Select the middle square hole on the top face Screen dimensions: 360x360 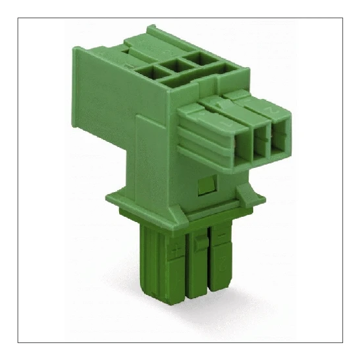pos(173,64)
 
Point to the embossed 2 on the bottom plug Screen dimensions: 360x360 pos(225,264)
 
